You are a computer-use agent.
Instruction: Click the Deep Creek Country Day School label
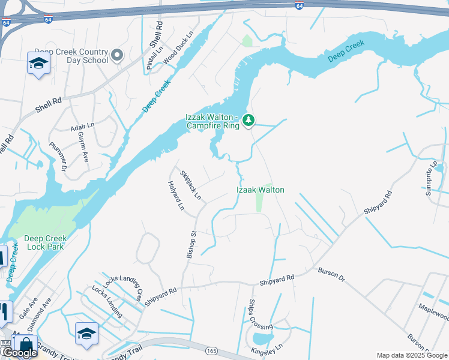pos(71,56)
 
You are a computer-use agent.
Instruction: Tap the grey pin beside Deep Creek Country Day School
pos(117,56)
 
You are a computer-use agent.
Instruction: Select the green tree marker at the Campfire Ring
pos(249,122)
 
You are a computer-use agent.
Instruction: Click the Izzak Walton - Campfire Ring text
pos(211,121)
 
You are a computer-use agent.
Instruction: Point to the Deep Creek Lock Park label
pos(46,242)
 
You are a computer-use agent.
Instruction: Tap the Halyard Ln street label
pos(176,196)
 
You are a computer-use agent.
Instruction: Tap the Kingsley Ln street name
pos(267,349)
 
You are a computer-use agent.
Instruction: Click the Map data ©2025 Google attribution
pos(411,355)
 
